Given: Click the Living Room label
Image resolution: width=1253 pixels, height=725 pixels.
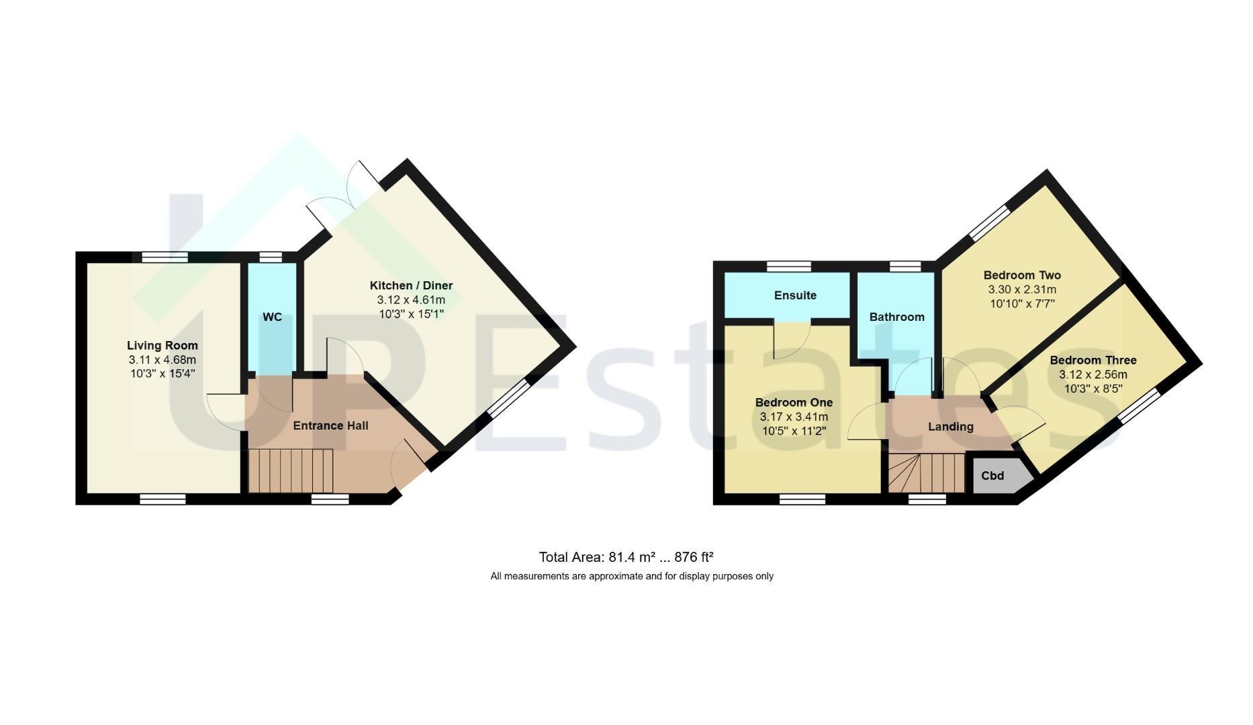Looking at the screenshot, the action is (x=163, y=346).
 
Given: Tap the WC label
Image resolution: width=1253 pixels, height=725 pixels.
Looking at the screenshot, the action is (x=272, y=317).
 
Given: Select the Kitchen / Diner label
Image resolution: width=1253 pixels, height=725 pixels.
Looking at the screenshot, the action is (x=411, y=285).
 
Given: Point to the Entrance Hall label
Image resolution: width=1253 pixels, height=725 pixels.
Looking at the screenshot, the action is (x=330, y=426).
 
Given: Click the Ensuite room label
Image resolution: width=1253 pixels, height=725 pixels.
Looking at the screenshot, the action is (x=795, y=295).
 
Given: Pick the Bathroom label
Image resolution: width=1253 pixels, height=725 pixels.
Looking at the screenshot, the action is (x=896, y=317).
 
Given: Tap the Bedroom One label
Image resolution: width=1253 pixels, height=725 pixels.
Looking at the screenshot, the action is (x=794, y=403).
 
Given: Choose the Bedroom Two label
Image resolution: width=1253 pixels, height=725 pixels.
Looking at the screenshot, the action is (x=1022, y=275).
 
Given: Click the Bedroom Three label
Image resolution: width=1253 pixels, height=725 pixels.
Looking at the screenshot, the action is (x=1093, y=360).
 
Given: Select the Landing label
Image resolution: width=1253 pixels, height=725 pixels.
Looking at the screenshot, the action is (x=950, y=427).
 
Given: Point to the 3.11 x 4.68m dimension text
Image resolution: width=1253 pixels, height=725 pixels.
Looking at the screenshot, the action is (x=163, y=360).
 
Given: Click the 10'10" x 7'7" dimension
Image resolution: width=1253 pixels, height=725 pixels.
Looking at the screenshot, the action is (x=1022, y=303).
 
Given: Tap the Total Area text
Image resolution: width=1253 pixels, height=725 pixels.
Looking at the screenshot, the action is (x=626, y=557).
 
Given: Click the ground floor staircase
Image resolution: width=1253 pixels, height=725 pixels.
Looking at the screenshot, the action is (x=291, y=471).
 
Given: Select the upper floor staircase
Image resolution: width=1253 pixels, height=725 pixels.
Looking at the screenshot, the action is (x=927, y=473).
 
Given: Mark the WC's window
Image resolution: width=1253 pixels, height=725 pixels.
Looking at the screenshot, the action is (x=271, y=256).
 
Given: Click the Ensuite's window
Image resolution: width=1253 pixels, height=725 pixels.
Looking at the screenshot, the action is (x=789, y=267).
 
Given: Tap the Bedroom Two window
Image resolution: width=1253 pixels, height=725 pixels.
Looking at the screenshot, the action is (x=989, y=223).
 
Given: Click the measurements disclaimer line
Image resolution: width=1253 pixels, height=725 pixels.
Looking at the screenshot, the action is (x=632, y=576).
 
